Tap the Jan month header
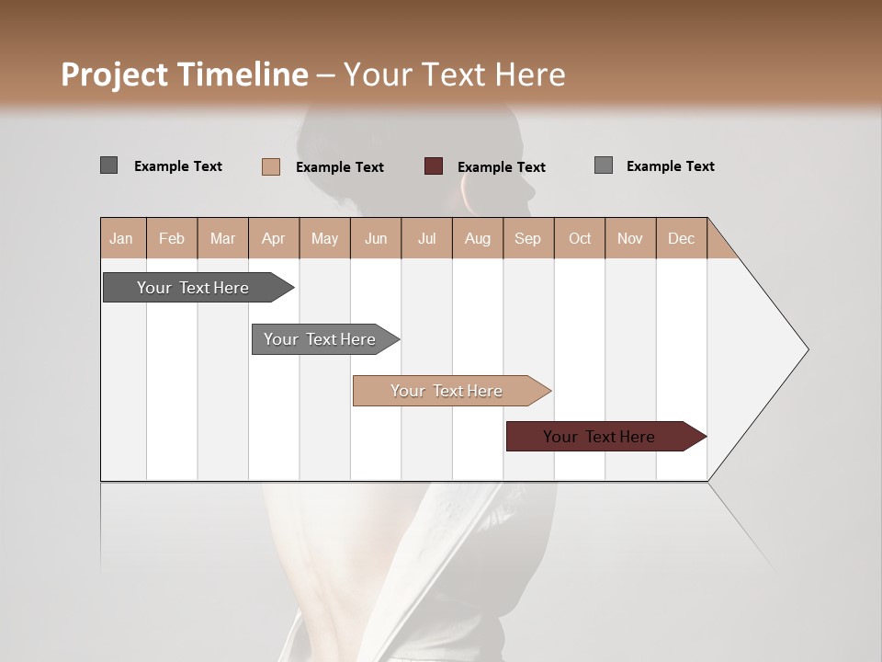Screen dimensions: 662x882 (x=121, y=238)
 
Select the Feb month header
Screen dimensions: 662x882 (x=172, y=238)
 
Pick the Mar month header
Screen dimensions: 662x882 (x=222, y=238)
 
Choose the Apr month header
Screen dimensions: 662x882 (x=274, y=238)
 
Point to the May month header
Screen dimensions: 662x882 (x=324, y=238)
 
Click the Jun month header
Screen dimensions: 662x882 (x=376, y=238)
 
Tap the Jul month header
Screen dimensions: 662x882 (x=426, y=238)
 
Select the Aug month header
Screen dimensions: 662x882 (x=477, y=238)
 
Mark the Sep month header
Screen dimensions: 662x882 (x=528, y=238)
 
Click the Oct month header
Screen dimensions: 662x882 (x=580, y=238)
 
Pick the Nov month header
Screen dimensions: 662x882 (x=630, y=238)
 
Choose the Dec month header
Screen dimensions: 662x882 (x=681, y=238)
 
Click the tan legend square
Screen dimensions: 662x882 (x=271, y=166)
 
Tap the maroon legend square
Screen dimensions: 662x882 (x=434, y=165)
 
